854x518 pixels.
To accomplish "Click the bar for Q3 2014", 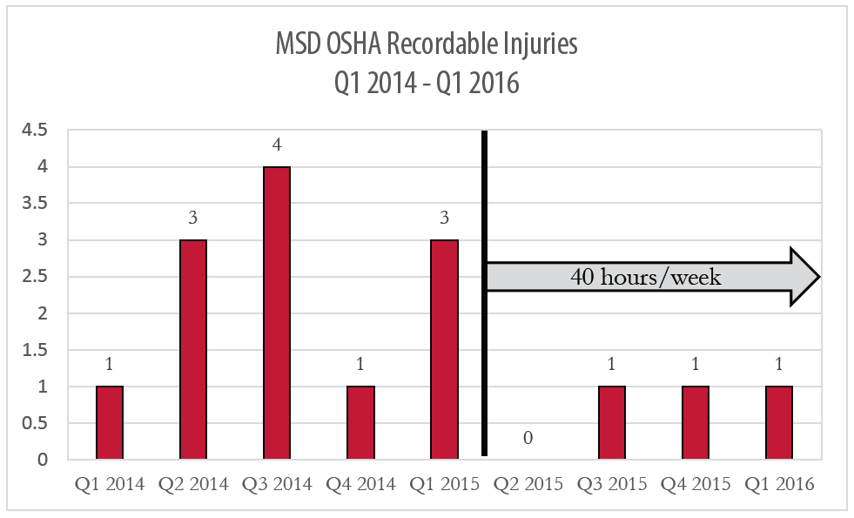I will point(277,313).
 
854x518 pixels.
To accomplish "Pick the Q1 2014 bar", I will point(109,422).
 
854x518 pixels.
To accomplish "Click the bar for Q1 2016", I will point(779,422).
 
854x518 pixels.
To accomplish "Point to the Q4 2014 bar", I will point(360,422).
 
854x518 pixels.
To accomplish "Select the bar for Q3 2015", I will point(612,422).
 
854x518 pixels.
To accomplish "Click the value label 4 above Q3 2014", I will point(277,145).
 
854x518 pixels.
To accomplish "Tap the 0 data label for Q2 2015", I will point(528,437).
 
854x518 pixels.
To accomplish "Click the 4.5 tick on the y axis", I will point(37,131).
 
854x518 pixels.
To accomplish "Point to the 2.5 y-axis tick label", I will point(37,277).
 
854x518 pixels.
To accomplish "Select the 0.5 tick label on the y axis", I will point(37,423).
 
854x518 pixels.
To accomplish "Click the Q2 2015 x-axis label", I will point(528,485).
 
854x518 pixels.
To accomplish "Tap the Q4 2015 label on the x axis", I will point(696,485).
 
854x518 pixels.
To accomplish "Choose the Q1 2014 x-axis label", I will point(109,485).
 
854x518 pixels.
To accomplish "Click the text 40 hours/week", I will point(646,278).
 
